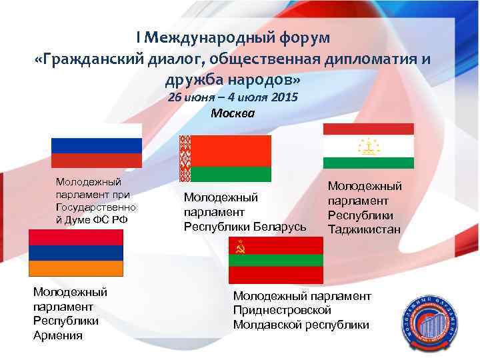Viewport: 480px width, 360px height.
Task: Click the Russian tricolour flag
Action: click(x=97, y=145)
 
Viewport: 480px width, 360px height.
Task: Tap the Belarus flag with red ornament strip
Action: click(x=225, y=158)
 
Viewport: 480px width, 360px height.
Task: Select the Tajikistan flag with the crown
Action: click(x=368, y=146)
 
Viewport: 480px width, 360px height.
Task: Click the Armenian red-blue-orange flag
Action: click(x=75, y=253)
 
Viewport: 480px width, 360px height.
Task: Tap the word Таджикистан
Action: click(x=364, y=229)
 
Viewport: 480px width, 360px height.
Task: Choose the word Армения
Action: click(x=58, y=335)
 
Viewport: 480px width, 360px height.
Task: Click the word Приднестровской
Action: click(x=282, y=310)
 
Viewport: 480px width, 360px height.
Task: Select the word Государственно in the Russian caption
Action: click(x=89, y=207)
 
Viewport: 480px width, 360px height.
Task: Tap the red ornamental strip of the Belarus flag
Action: click(x=185, y=158)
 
